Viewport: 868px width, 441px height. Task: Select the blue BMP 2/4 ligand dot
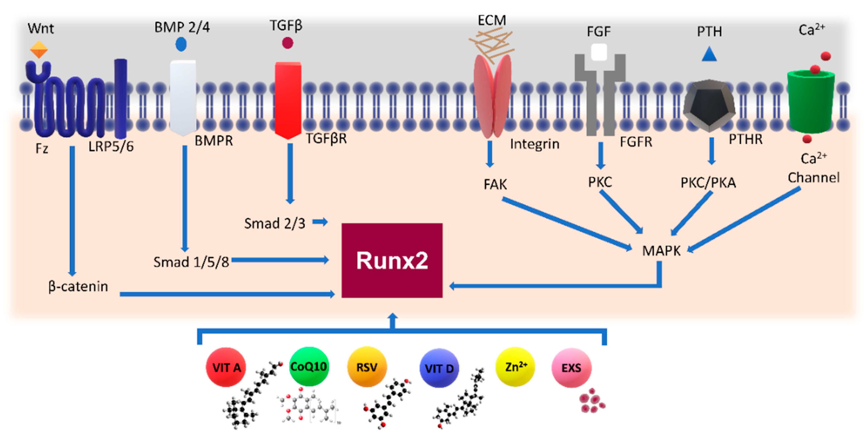click(181, 44)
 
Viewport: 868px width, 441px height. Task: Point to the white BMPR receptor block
click(183, 98)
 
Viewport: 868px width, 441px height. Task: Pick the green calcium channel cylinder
click(811, 101)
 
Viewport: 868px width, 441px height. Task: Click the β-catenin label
click(78, 286)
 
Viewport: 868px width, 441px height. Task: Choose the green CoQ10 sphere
click(308, 366)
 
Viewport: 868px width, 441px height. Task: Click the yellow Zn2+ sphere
click(515, 367)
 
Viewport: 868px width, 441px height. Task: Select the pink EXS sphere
click(571, 368)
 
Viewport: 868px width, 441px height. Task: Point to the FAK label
click(495, 185)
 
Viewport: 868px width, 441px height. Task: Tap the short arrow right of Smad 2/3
click(320, 222)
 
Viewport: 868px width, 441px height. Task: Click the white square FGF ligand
click(599, 53)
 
